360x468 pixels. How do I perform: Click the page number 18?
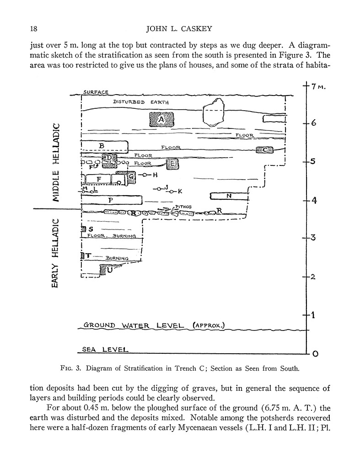click(33, 29)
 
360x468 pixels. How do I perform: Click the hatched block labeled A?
click(161, 120)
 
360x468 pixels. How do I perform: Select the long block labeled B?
click(104, 146)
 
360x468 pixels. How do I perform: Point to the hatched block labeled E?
click(172, 164)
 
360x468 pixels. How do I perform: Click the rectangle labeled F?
click(98, 179)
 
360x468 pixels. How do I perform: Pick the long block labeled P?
click(111, 200)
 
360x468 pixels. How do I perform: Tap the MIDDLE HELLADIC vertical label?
click(57, 162)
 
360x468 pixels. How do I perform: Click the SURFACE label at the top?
click(95, 92)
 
